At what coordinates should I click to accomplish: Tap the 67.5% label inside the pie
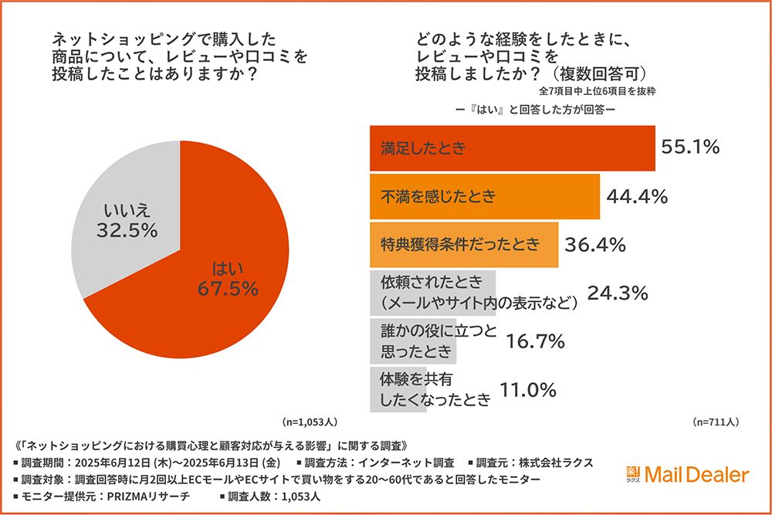(227, 288)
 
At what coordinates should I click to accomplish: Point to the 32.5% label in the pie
(127, 229)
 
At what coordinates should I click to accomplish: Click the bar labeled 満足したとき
(510, 148)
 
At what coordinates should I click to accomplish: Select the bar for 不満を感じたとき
(482, 197)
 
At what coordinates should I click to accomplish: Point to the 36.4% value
(594, 246)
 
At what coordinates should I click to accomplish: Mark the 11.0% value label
(528, 390)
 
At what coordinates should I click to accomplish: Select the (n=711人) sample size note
(716, 422)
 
